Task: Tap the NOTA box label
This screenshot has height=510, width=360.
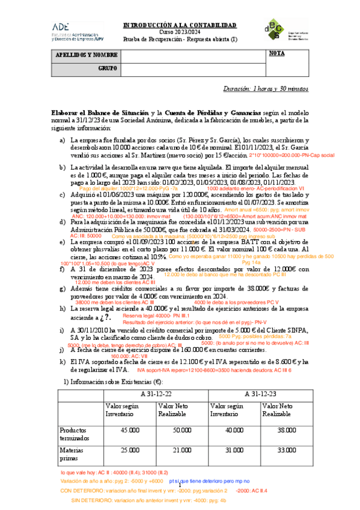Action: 277,54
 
